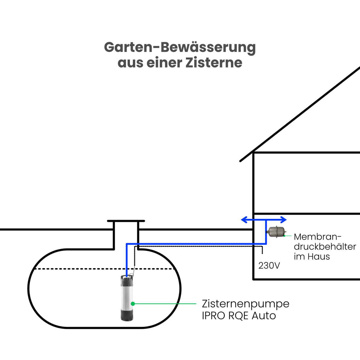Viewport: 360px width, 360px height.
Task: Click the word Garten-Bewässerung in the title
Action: click(180, 47)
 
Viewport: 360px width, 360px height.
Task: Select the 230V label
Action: click(269, 266)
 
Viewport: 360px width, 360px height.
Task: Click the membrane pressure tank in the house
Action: click(276, 231)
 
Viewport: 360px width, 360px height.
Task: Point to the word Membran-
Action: click(318, 237)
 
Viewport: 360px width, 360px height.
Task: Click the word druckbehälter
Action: click(325, 247)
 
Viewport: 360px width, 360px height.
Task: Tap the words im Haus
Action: click(312, 257)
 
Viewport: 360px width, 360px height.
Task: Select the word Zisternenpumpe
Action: click(246, 304)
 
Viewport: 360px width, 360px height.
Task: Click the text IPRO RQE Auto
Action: click(239, 316)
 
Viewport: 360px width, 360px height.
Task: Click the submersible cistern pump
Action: click(127, 297)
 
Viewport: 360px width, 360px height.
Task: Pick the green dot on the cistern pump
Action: click(133, 304)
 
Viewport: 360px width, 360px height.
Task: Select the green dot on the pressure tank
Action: click(284, 236)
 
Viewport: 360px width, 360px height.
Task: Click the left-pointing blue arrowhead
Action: click(244, 220)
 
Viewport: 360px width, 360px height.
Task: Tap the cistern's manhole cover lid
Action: click(126, 221)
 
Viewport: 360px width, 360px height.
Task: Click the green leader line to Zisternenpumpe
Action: click(166, 304)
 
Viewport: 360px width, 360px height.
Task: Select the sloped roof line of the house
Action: click(300, 114)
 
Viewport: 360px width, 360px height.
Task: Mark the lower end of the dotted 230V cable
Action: click(262, 253)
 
